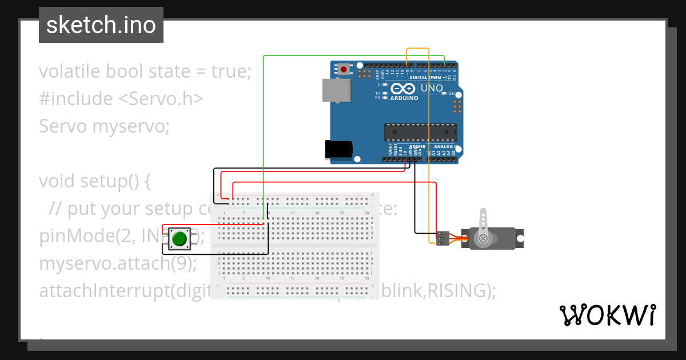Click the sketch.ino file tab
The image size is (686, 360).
[101, 25]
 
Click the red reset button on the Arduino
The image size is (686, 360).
[343, 70]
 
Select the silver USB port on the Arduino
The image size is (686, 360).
[336, 91]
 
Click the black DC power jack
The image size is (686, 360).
[338, 149]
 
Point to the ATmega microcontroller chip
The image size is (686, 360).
[420, 131]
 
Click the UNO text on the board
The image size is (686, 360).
[432, 89]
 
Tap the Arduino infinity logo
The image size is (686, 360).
[404, 89]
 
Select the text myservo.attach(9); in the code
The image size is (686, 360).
[117, 263]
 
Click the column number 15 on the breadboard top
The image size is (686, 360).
[293, 213]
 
